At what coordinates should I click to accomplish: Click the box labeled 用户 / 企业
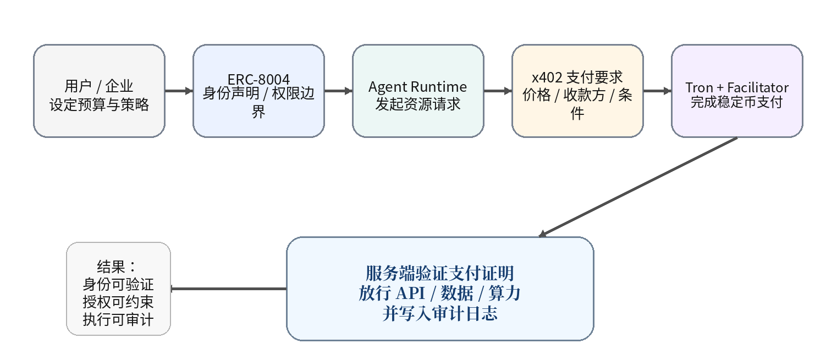pos(99,91)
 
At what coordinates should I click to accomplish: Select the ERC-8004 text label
pos(258,79)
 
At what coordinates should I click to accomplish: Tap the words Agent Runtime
pos(417,87)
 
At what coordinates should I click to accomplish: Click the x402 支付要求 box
pos(577,91)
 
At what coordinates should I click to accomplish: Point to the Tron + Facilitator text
pos(737,87)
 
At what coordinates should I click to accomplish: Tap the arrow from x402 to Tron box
pos(657,91)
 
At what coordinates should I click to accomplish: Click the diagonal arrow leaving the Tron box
pos(638,187)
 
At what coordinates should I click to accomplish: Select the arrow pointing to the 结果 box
pos(228,289)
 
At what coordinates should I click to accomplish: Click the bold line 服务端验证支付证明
pos(440,273)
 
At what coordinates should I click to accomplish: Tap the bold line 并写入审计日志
pos(440,314)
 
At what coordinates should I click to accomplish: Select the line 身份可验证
pos(118,285)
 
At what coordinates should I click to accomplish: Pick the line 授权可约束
pos(118,302)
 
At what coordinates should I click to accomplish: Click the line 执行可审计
pos(118,320)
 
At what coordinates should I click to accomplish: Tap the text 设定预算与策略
pos(99,104)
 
